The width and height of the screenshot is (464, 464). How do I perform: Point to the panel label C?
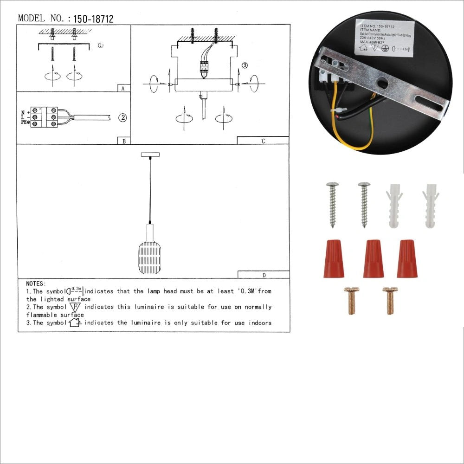263,141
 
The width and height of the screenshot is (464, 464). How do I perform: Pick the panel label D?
264,275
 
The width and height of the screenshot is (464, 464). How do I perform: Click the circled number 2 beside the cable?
122,118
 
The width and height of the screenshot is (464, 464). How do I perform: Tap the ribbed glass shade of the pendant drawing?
149,257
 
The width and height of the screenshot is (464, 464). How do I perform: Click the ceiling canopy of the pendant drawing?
149,154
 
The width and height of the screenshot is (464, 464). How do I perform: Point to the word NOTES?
36,284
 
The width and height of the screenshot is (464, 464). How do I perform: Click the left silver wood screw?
333,204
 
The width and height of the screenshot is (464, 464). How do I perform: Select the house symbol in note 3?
75,322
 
